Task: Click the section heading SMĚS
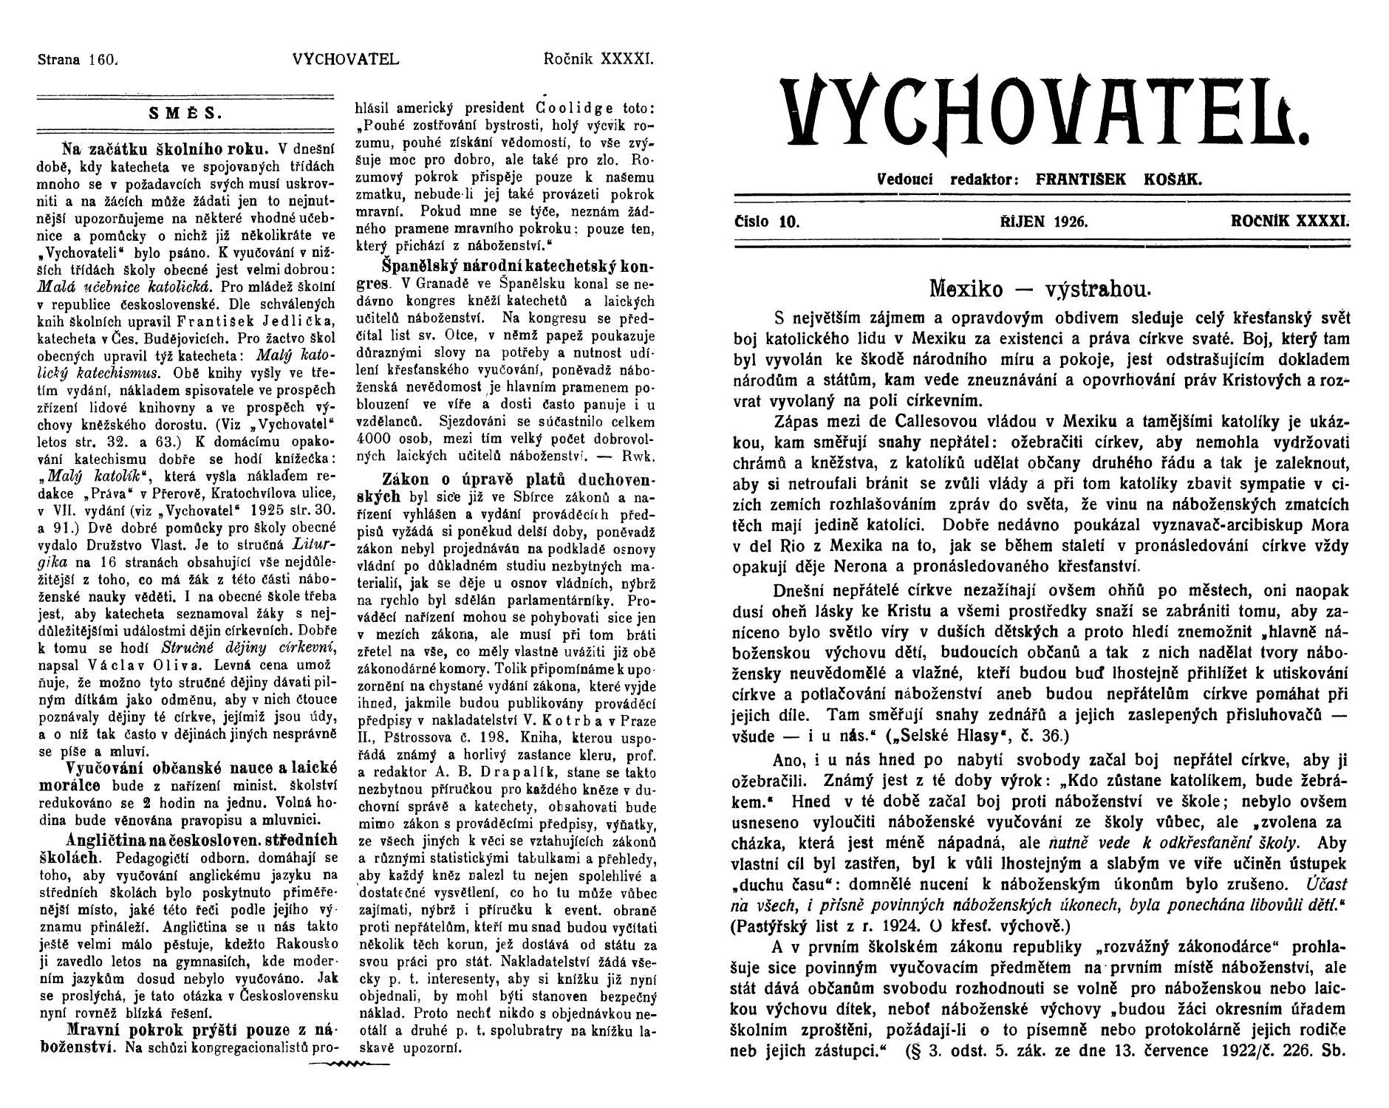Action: click(185, 114)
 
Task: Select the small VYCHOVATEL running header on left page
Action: click(346, 60)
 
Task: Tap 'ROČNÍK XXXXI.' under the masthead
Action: click(1289, 221)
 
